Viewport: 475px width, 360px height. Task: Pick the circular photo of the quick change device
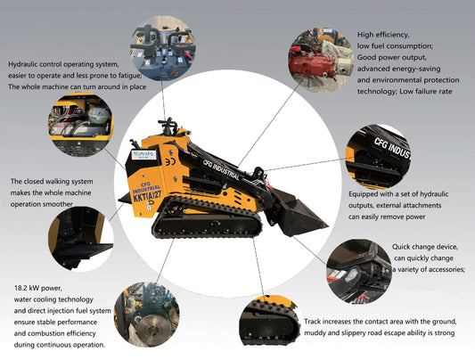[358, 271]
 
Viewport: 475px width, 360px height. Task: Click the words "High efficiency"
[383, 34]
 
